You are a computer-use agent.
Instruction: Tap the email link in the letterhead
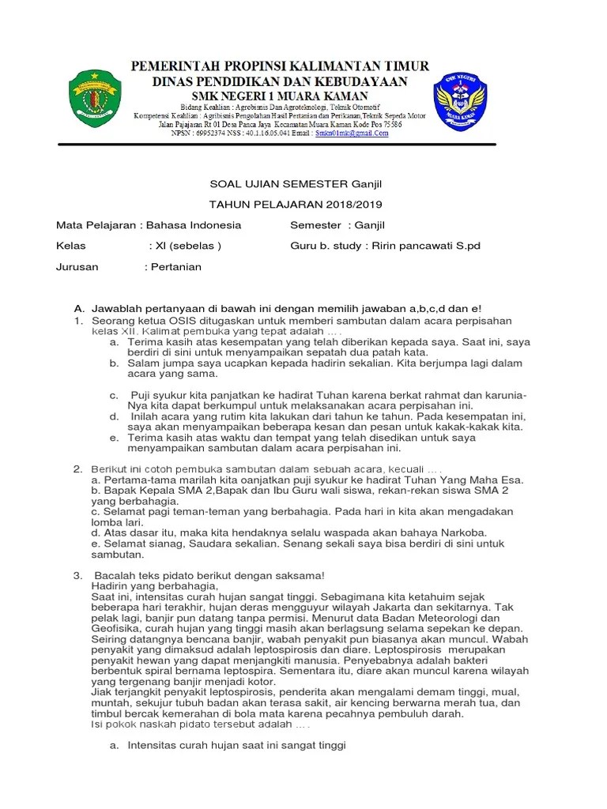click(352, 134)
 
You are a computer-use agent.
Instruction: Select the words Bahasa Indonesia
click(194, 225)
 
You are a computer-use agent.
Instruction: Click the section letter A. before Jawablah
click(78, 308)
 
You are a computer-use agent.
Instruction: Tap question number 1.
click(77, 321)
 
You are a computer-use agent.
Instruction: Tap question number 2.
click(77, 468)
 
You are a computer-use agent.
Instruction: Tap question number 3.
click(77, 574)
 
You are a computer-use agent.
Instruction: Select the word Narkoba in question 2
click(463, 532)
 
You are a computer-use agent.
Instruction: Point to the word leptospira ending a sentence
click(250, 670)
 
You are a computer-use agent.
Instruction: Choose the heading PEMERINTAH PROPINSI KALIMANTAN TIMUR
click(280, 66)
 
